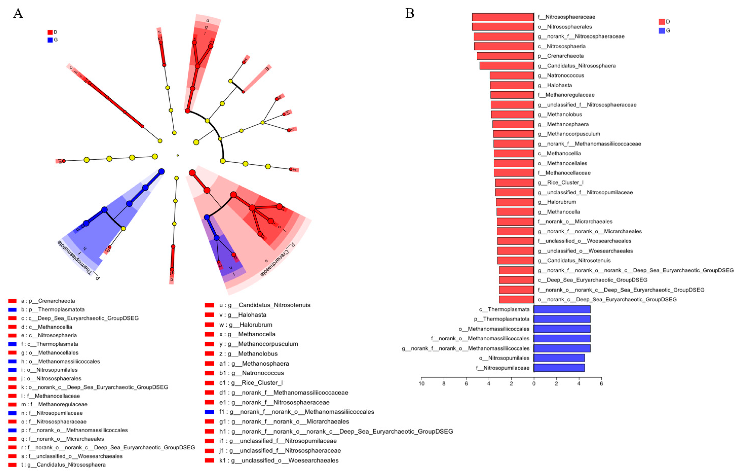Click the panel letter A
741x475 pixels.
(18, 14)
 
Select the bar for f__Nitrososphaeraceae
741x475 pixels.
(503, 17)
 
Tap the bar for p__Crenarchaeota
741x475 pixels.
(505, 56)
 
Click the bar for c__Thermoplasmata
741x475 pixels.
(562, 309)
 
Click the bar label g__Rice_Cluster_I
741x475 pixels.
(561, 182)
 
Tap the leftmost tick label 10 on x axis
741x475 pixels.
(421, 384)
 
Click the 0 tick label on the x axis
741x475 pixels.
(534, 384)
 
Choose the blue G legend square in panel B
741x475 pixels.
(661, 31)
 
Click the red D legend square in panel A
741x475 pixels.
(50, 32)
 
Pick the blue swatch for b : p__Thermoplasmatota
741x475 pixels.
(12, 309)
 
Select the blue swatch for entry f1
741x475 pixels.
(209, 412)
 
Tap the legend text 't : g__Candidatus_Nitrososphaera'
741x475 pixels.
(63, 464)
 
